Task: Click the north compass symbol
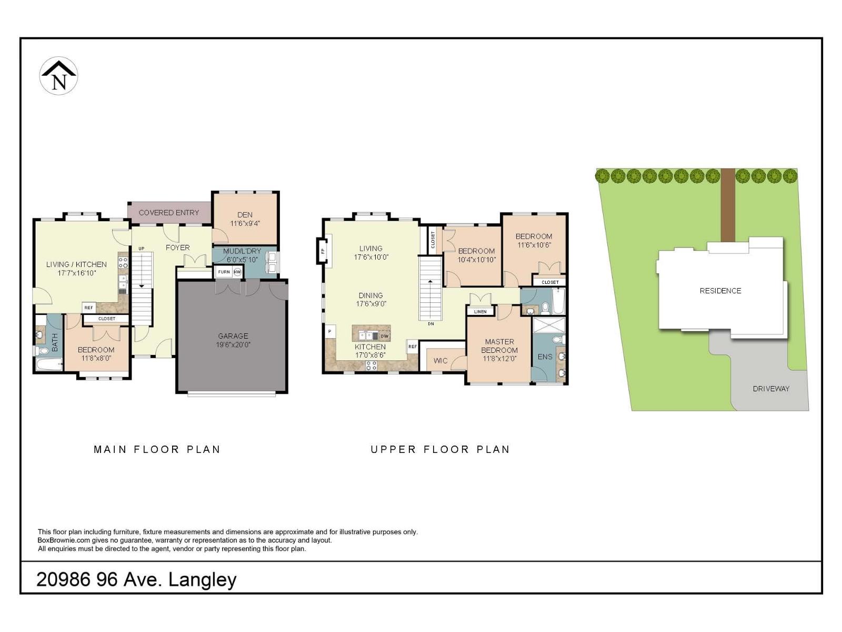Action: click(x=59, y=76)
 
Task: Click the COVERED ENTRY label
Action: click(x=169, y=213)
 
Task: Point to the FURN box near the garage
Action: click(x=224, y=272)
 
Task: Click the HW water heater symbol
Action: click(x=237, y=272)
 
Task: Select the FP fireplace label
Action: click(x=323, y=251)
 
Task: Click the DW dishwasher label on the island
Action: click(x=384, y=336)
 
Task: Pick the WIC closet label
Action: click(x=440, y=361)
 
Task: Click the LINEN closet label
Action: click(x=480, y=312)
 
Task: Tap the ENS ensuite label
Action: click(x=545, y=357)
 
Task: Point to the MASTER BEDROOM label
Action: click(x=499, y=346)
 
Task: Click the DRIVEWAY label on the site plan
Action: click(x=771, y=389)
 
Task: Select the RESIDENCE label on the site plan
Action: click(x=720, y=291)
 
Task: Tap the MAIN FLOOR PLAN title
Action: click(x=157, y=449)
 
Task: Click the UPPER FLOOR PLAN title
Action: click(x=440, y=449)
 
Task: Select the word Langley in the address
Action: click(x=203, y=580)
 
